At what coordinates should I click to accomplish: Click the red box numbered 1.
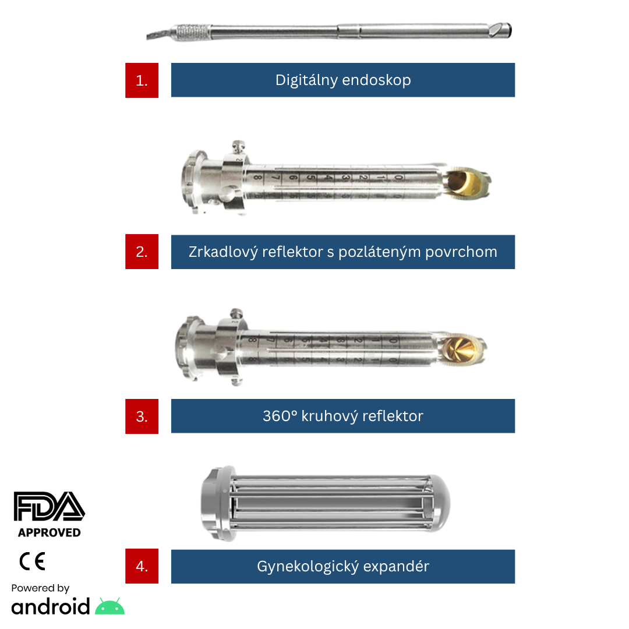pos(142,80)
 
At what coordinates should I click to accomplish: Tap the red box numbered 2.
pos(142,252)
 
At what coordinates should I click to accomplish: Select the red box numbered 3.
pos(142,416)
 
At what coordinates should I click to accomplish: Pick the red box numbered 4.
pos(142,566)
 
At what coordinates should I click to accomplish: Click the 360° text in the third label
pos(280,416)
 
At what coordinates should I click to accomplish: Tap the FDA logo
pos(49,506)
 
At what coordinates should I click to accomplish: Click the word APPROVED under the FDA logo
pos(50,532)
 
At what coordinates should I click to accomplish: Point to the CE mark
pos(32,561)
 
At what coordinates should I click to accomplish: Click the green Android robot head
pos(110,606)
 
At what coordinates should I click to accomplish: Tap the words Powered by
pos(40,588)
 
